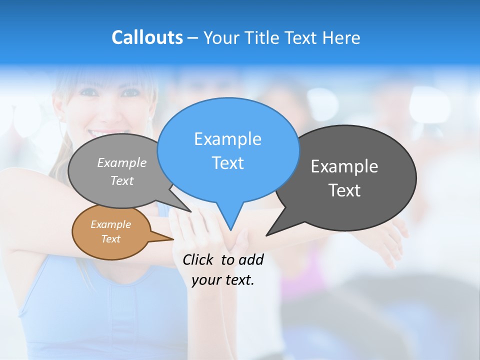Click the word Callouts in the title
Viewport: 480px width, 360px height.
click(147, 37)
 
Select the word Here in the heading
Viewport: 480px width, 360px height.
click(341, 37)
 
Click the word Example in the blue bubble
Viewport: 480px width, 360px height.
click(227, 139)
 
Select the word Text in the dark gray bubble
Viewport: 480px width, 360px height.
click(344, 190)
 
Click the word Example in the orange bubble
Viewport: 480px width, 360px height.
click(110, 224)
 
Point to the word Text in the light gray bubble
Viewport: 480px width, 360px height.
click(122, 181)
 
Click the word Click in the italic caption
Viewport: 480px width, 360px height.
click(199, 259)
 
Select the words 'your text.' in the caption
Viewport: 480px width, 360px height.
click(223, 280)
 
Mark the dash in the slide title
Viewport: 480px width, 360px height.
click(193, 38)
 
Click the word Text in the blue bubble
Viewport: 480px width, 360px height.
click(228, 163)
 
